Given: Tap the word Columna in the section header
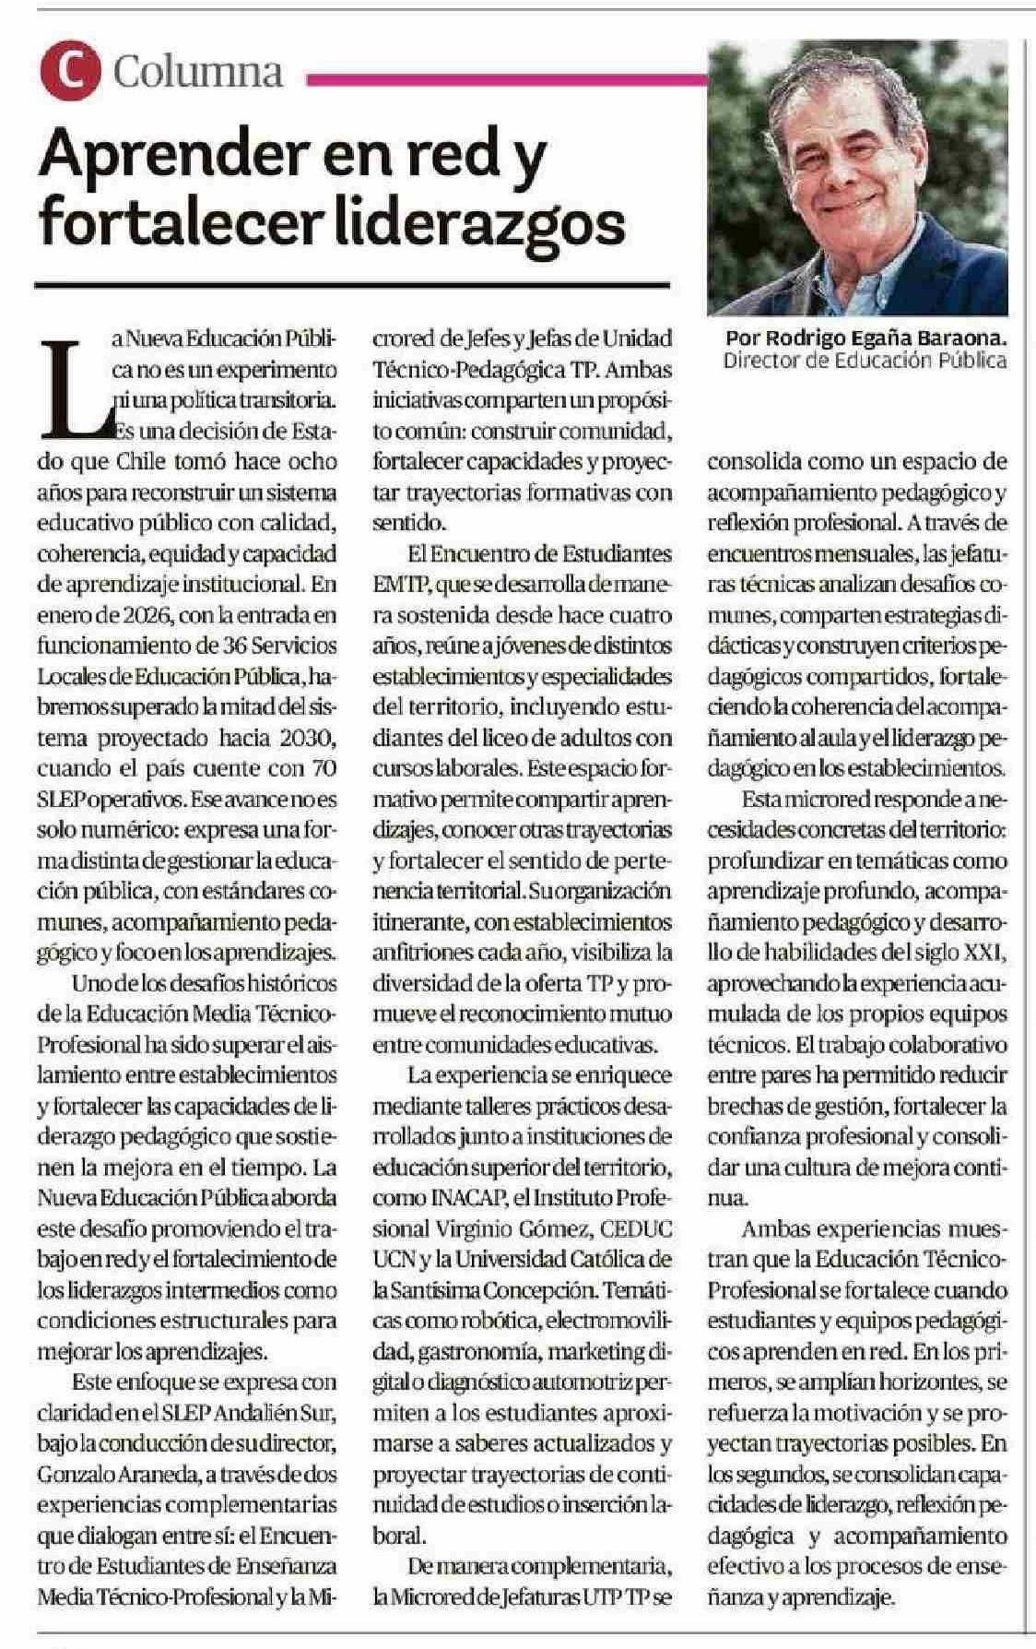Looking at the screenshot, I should [x=197, y=72].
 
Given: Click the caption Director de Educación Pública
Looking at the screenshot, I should [x=865, y=361].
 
